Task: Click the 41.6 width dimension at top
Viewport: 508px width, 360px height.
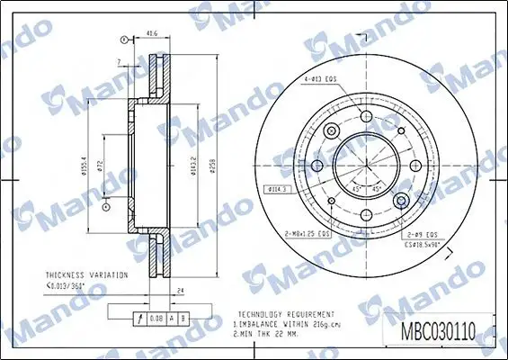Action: pos(151,33)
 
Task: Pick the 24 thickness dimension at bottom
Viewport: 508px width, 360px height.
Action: pos(181,291)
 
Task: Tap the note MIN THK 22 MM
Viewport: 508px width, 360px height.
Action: pos(267,332)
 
